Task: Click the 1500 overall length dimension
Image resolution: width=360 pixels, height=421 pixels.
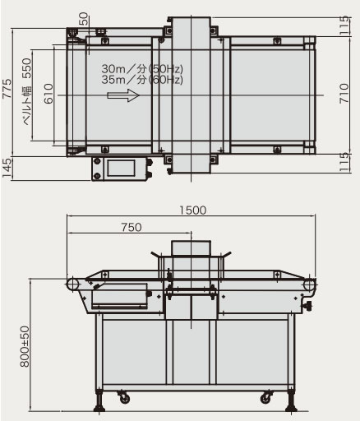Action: [x=192, y=210]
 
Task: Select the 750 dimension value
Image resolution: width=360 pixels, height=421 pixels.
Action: [x=132, y=227]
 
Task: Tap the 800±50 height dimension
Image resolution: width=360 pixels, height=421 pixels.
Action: [x=25, y=346]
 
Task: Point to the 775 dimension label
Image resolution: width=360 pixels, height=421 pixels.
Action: [x=7, y=89]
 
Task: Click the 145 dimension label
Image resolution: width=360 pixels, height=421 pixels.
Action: [x=7, y=168]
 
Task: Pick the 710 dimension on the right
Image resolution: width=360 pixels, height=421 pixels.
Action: [x=344, y=94]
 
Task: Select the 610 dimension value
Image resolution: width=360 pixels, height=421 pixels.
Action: [x=48, y=94]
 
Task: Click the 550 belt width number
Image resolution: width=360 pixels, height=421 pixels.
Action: [x=27, y=68]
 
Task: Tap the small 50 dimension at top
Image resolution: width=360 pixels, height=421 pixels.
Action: [x=83, y=19]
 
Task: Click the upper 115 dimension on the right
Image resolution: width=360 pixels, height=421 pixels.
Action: [x=344, y=25]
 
